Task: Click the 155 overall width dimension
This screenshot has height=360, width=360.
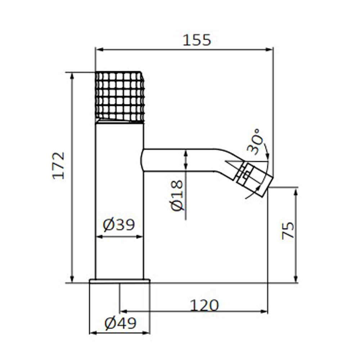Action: click(197, 40)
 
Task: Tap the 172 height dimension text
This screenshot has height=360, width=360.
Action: click(58, 165)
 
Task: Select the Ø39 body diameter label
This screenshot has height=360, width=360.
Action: click(119, 225)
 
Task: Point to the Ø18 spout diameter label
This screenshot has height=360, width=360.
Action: click(177, 195)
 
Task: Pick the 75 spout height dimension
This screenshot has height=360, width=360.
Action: click(288, 230)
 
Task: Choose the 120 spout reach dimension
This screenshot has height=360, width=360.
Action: click(204, 305)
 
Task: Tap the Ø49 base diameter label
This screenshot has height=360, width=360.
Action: click(120, 323)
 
